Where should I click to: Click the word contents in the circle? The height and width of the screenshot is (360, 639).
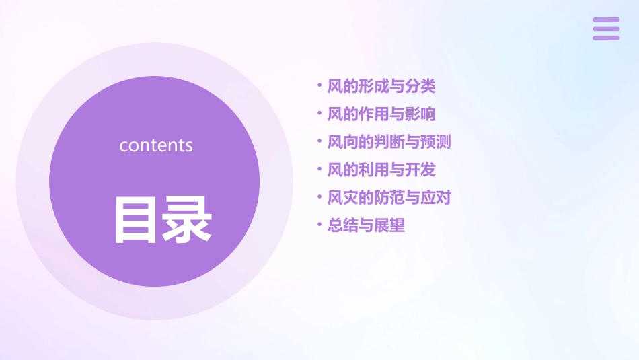pyautogui.click(x=156, y=145)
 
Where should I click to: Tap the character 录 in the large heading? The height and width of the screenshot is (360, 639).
pyautogui.click(x=188, y=219)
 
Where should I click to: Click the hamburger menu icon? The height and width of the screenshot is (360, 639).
pyautogui.click(x=606, y=29)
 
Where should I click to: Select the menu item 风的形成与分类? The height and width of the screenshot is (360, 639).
pyautogui.click(x=381, y=86)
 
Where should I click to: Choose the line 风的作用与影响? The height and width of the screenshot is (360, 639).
pyautogui.click(x=381, y=114)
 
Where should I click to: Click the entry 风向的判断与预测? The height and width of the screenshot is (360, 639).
pyautogui.click(x=389, y=142)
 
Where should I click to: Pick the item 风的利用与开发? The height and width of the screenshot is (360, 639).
pyautogui.click(x=381, y=170)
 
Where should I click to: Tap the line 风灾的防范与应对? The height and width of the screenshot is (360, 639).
pyautogui.click(x=389, y=198)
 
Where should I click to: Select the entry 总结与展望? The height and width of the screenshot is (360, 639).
pyautogui.click(x=366, y=225)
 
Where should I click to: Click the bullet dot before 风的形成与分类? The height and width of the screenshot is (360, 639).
pyautogui.click(x=319, y=86)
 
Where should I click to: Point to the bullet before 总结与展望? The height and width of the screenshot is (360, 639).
pyautogui.click(x=319, y=225)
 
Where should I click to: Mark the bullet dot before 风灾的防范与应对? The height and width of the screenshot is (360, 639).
pyautogui.click(x=319, y=198)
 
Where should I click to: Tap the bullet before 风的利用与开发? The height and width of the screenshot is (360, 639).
pyautogui.click(x=319, y=170)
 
